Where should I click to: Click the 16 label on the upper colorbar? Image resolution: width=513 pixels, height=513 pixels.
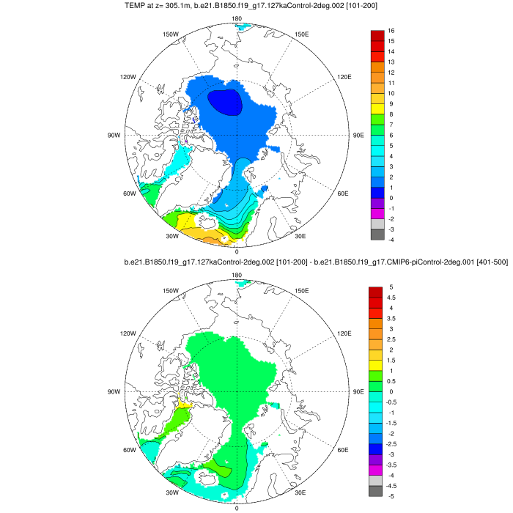[392, 31]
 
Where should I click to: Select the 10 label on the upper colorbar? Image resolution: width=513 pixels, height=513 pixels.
[392, 94]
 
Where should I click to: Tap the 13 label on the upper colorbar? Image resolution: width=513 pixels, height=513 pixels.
[392, 62]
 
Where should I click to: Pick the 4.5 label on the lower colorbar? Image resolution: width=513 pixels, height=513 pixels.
[393, 298]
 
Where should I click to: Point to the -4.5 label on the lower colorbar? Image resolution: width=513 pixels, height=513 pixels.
[393, 486]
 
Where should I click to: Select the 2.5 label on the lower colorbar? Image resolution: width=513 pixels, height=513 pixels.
[393, 340]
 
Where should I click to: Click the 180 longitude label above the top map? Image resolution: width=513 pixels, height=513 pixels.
[236, 18]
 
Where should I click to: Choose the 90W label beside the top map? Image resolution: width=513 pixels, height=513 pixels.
[114, 136]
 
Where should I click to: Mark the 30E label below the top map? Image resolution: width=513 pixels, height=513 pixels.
[300, 236]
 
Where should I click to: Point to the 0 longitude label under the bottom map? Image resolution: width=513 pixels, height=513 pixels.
[236, 508]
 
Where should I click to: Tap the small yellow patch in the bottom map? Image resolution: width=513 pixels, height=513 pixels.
[185, 402]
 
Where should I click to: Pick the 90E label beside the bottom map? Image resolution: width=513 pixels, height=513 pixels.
[359, 392]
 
